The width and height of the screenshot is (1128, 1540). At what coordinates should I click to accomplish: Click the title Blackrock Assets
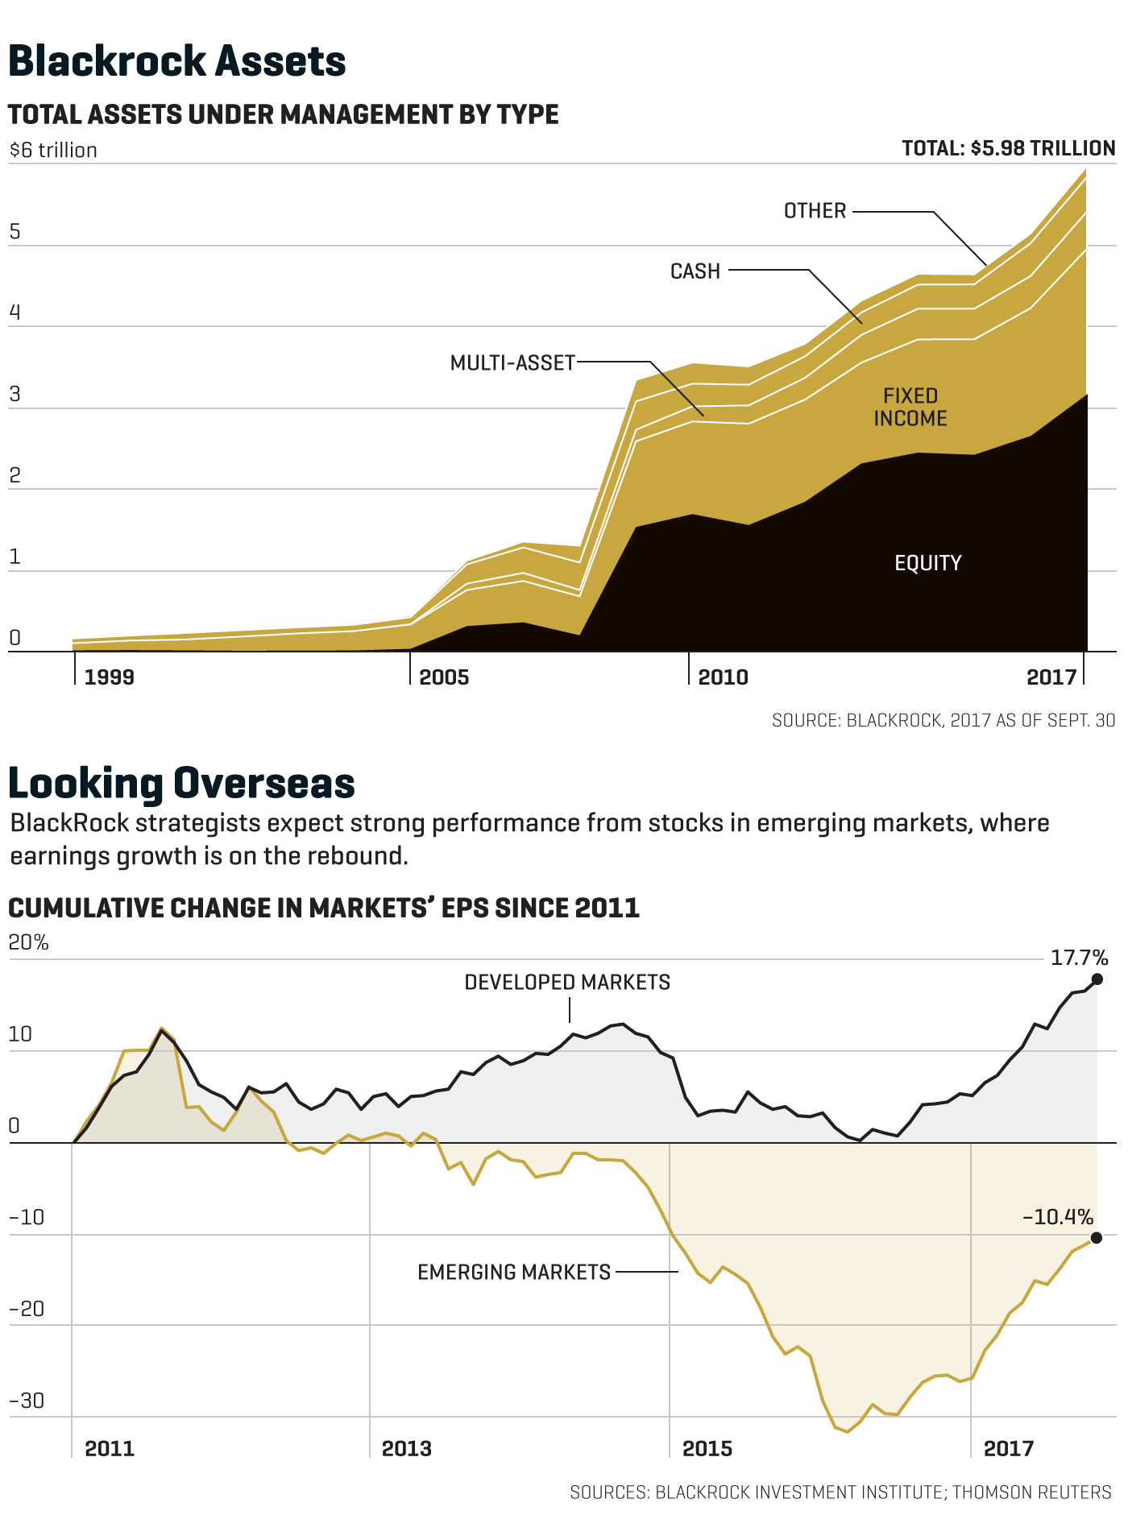click(177, 61)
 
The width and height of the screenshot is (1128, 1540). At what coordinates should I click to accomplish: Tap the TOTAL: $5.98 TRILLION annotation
click(1008, 148)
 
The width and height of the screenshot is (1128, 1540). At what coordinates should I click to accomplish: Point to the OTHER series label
click(815, 211)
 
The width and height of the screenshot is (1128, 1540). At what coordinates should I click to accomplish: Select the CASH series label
click(695, 271)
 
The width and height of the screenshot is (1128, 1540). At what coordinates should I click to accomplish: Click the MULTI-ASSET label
click(512, 363)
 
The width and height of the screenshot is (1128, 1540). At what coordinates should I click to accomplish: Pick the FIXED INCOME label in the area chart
click(910, 407)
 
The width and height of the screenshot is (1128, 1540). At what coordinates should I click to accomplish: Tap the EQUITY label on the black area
click(928, 563)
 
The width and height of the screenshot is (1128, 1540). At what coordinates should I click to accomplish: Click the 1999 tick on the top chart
click(110, 677)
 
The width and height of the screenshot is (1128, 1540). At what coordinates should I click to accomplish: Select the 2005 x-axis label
click(444, 677)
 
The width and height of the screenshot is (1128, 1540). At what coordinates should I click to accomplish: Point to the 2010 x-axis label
click(723, 677)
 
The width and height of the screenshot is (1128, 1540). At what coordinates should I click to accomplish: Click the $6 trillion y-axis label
click(53, 151)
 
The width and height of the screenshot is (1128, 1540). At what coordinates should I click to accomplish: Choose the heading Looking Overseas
click(181, 783)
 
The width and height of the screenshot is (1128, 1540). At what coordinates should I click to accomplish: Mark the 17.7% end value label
click(1079, 958)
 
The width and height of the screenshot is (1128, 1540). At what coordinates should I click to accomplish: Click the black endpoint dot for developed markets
click(1097, 979)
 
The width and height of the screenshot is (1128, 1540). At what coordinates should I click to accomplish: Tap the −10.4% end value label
click(1058, 1216)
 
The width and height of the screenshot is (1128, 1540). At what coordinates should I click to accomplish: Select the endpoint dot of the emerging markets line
click(1096, 1237)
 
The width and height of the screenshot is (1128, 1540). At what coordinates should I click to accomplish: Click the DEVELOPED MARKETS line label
click(567, 983)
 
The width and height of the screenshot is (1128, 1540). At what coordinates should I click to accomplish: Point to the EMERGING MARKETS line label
click(514, 1273)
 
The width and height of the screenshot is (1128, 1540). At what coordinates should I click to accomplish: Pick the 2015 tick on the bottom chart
click(707, 1449)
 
